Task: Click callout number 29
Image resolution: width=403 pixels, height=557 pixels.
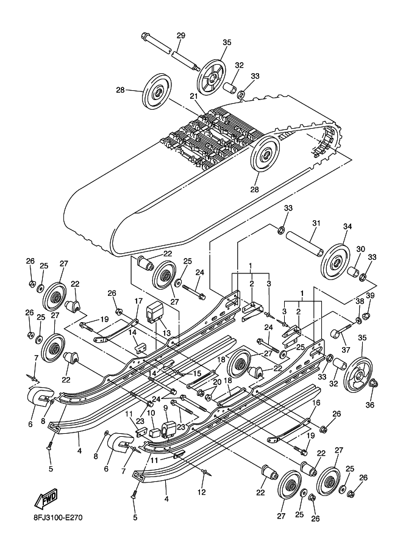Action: tap(180, 36)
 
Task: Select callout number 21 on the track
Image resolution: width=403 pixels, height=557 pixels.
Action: tap(194, 96)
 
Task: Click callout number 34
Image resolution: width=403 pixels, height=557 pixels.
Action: tap(347, 226)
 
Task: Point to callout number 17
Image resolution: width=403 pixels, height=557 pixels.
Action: tap(138, 301)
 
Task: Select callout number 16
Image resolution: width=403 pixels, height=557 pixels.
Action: tap(316, 403)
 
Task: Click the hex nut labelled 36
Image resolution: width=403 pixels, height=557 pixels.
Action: tap(374, 384)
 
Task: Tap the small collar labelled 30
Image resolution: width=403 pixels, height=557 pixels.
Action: tap(354, 269)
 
